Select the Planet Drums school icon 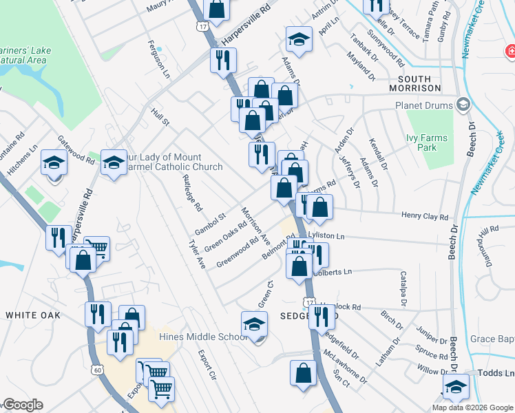(463, 105)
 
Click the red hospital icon (510, 51)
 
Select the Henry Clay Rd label (425, 216)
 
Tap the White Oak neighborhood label (32, 315)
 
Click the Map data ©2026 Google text (472, 407)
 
